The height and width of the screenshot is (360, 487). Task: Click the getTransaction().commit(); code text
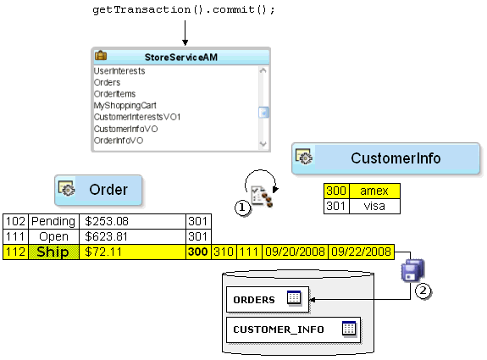coord(183,10)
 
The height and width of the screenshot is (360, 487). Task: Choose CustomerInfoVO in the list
coord(125,129)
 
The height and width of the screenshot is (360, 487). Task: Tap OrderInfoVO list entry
coord(119,141)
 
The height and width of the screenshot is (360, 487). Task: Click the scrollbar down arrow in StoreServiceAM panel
coord(263,144)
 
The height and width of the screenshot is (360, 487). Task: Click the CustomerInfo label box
coord(378,158)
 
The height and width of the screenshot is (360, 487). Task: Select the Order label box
coord(98,191)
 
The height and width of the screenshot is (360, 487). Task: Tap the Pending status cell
coord(53,222)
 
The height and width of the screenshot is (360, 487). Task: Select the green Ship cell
coord(53,252)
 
